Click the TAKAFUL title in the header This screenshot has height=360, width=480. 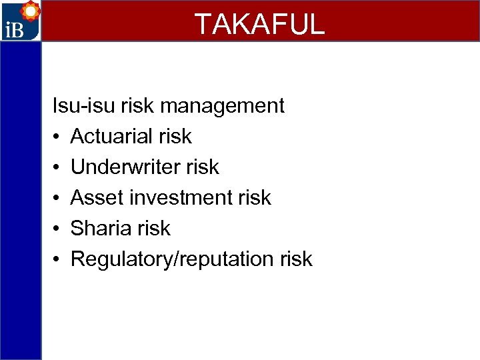click(x=259, y=24)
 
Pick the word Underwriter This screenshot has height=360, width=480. click(x=126, y=167)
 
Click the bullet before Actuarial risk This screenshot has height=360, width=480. click(x=57, y=137)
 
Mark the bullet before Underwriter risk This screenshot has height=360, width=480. click(x=57, y=167)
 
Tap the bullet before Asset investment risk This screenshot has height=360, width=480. click(x=57, y=198)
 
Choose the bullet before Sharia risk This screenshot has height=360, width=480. click(x=57, y=229)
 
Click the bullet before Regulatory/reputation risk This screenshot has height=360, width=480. click(x=57, y=259)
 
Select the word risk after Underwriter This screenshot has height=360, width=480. click(x=203, y=167)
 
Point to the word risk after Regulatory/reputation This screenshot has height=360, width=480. click(x=297, y=259)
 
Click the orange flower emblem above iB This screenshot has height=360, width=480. click(x=29, y=11)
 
